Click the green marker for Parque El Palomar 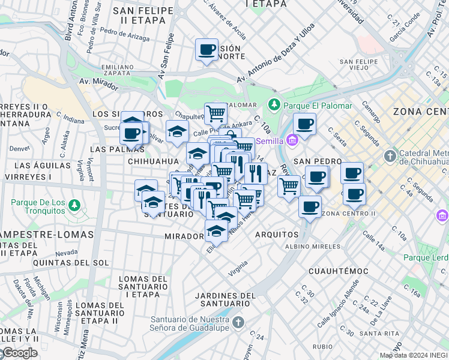(x=274, y=105)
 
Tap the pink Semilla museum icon (x=292, y=141)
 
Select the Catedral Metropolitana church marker (x=390, y=156)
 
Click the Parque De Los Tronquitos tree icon (x=74, y=206)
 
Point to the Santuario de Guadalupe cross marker (x=240, y=323)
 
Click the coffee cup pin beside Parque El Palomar (x=305, y=124)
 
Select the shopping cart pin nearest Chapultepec (x=215, y=112)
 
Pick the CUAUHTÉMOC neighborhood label (x=340, y=271)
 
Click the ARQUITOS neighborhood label (x=277, y=235)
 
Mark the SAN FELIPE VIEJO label (x=362, y=65)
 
